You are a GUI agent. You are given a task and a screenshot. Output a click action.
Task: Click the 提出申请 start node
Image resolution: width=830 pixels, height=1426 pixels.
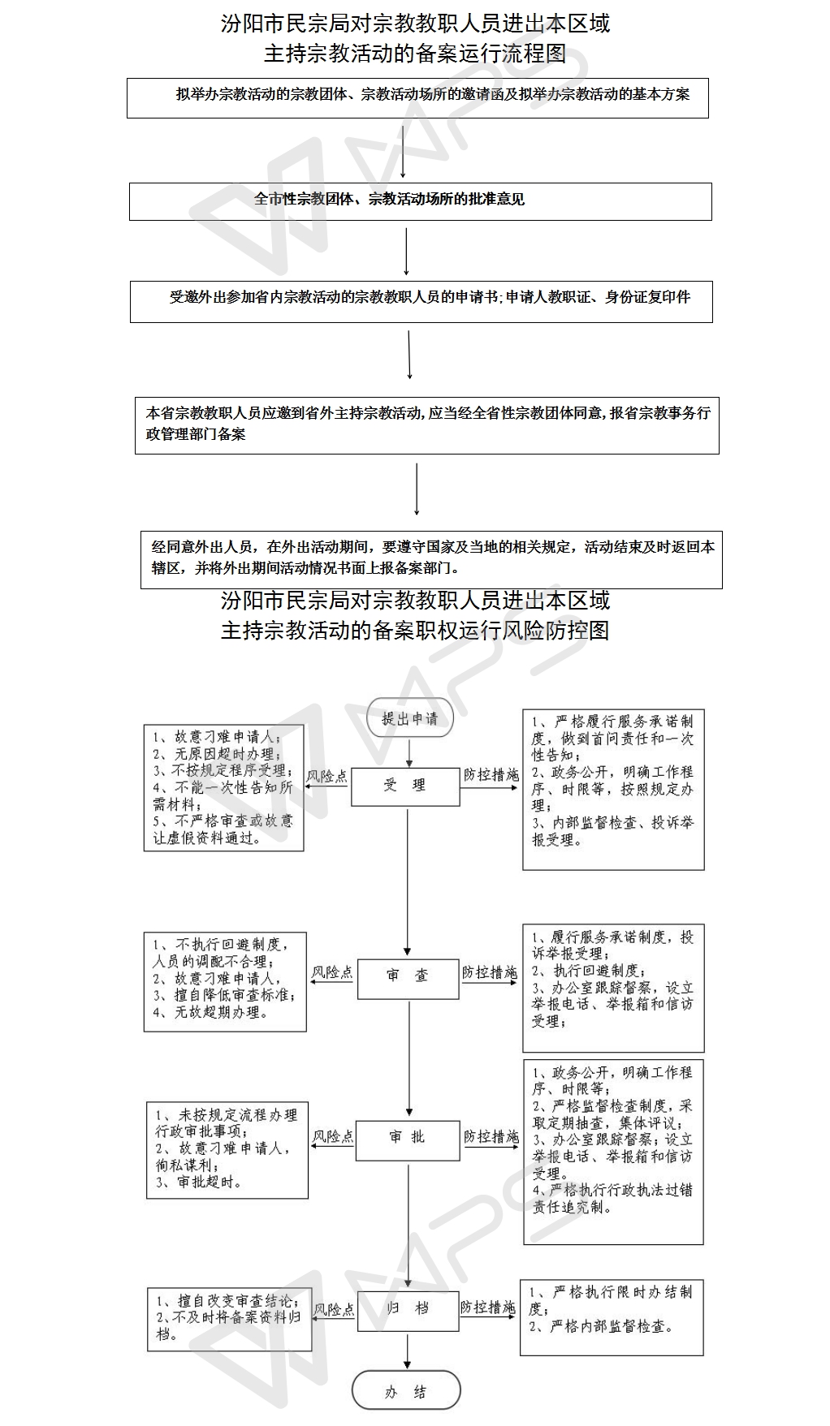pyautogui.click(x=409, y=718)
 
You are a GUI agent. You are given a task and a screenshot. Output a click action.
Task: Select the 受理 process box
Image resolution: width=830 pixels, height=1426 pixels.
pyautogui.click(x=405, y=786)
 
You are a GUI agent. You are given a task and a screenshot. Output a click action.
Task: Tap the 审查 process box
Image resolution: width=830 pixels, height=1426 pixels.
pyautogui.click(x=408, y=976)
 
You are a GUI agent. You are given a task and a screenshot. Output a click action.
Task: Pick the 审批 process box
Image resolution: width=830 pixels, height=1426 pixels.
pyautogui.click(x=408, y=1137)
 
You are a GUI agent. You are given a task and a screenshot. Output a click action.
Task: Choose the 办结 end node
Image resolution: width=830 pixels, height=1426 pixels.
pyautogui.click(x=406, y=1392)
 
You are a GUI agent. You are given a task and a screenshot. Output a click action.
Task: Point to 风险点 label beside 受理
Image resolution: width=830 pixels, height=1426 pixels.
pyautogui.click(x=326, y=776)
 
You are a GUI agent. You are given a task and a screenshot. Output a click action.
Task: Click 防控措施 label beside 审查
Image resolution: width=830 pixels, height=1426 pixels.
pyautogui.click(x=490, y=971)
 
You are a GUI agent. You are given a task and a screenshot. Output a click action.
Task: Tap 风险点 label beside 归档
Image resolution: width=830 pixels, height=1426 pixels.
pyautogui.click(x=335, y=1309)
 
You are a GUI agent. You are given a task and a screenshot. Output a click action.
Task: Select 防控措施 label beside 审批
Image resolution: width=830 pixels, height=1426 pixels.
pyautogui.click(x=491, y=1136)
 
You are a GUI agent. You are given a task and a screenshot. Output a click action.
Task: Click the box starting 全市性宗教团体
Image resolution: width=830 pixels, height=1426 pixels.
pyautogui.click(x=421, y=201)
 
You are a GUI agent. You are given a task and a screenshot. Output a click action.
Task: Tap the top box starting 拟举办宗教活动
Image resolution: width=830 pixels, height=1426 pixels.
pyautogui.click(x=417, y=98)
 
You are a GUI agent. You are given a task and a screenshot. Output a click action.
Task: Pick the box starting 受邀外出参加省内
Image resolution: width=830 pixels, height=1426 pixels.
pyautogui.click(x=421, y=301)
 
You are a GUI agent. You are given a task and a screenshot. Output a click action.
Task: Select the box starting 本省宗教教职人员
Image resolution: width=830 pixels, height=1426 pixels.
pyautogui.click(x=427, y=424)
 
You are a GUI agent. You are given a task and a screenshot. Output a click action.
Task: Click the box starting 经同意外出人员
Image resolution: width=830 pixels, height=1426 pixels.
pyautogui.click(x=431, y=558)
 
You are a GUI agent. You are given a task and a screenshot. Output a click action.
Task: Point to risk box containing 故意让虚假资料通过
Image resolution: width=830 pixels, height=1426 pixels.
pyautogui.click(x=223, y=787)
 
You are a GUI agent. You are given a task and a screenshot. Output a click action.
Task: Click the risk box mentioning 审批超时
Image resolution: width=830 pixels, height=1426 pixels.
pyautogui.click(x=227, y=1149)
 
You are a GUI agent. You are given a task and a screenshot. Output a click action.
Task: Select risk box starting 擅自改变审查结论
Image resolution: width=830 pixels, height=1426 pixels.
pyautogui.click(x=230, y=1320)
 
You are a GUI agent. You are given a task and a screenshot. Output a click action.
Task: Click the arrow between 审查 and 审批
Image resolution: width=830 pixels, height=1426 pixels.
pyautogui.click(x=409, y=1058)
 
